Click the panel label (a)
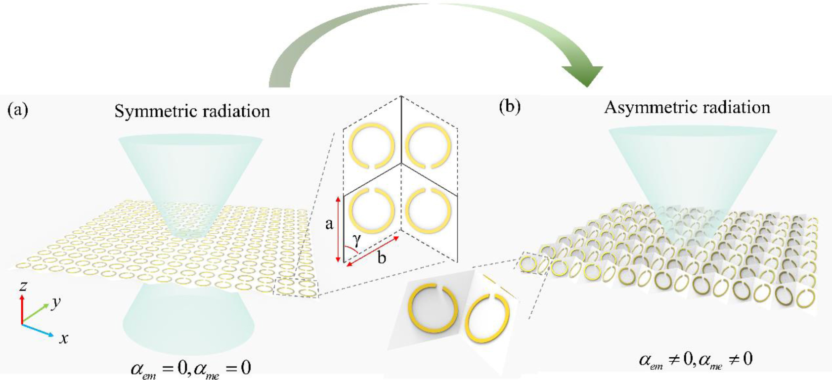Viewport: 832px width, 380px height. point(18,110)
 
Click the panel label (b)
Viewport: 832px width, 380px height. point(510,106)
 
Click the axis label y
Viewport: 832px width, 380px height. point(56,302)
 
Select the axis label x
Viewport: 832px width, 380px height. point(63,338)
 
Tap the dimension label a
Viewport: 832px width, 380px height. point(329,224)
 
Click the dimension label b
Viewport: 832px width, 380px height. point(381,258)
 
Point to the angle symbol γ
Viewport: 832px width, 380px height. point(357,241)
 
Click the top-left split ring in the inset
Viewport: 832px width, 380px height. point(372,145)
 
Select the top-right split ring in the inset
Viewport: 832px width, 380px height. point(428,145)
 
